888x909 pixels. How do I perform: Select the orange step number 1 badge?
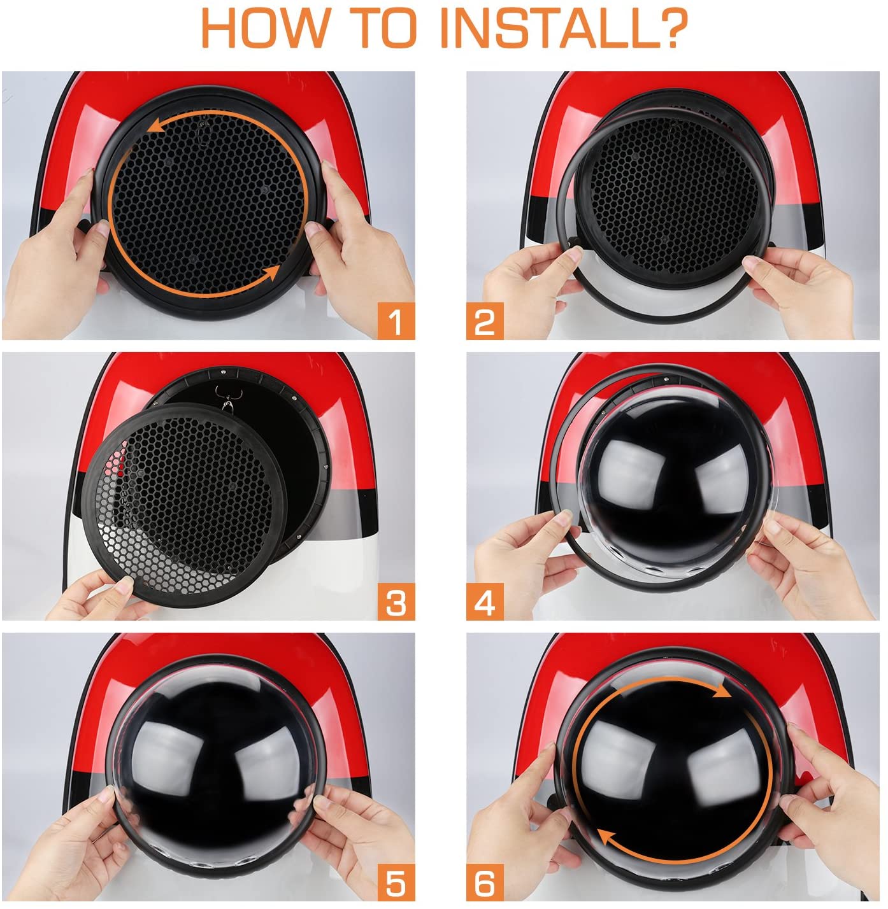(396, 320)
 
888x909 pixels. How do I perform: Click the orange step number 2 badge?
(485, 320)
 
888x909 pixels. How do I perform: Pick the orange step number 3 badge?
(396, 602)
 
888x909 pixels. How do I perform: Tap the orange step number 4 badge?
(485, 602)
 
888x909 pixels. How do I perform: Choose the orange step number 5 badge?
(396, 882)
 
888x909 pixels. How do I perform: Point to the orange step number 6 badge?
(485, 882)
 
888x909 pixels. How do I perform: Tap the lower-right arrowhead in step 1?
(271, 273)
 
